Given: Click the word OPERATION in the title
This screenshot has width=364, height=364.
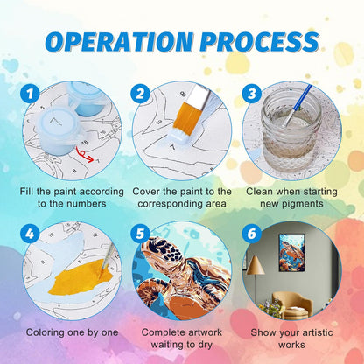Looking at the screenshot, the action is coord(119,41).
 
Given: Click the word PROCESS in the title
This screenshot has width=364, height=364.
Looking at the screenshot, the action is coord(260,41).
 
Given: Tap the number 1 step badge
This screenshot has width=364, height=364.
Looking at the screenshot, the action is coord(30,94).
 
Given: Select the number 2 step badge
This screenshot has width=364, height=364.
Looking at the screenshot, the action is coord(140,94).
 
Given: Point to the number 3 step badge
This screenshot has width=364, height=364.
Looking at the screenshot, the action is coord(251,94).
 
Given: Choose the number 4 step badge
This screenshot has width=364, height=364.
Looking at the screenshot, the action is coord(30,234).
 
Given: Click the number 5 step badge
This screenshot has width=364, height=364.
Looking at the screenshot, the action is coord(140,234).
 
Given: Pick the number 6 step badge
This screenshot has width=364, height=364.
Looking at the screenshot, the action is coord(251,234).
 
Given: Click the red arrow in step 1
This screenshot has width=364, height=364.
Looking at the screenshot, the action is coord(84,155).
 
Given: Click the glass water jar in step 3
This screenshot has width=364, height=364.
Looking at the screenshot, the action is coord(290,129).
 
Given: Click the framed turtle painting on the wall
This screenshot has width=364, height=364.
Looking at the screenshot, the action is coord(291,253).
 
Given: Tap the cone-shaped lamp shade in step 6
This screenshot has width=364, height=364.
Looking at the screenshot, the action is coord(255,265).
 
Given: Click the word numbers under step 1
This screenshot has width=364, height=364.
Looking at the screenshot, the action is coord(87,204).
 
